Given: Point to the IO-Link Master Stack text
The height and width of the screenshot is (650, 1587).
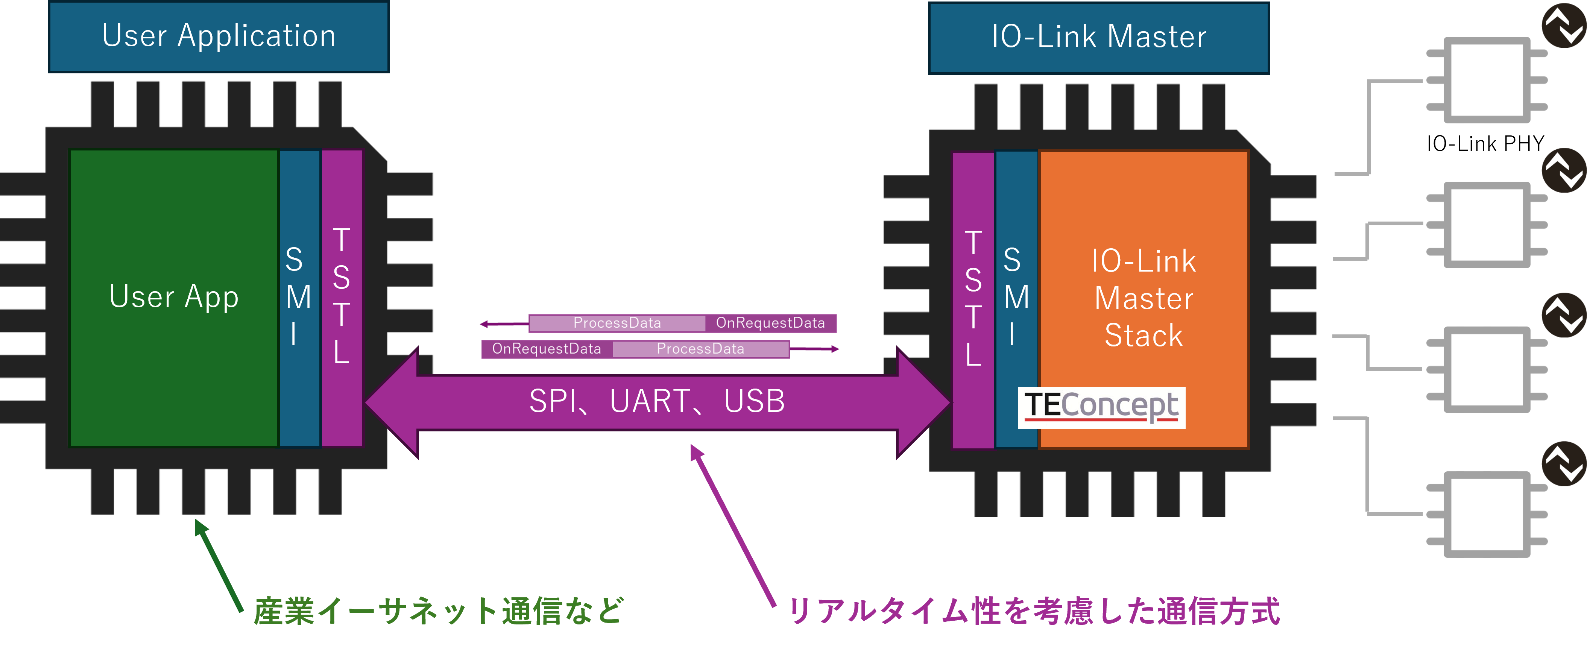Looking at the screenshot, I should pyautogui.click(x=1144, y=298).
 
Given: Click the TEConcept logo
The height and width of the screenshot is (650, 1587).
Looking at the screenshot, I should pyautogui.click(x=1101, y=407).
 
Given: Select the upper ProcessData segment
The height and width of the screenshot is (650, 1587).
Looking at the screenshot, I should pyautogui.click(x=617, y=323).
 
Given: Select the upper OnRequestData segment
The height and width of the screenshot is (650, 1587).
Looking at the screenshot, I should pyautogui.click(x=770, y=323).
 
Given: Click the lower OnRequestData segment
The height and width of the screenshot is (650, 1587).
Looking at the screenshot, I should pyautogui.click(x=547, y=349).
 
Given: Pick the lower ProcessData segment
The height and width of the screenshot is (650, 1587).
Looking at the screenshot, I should pyautogui.click(x=700, y=349).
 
